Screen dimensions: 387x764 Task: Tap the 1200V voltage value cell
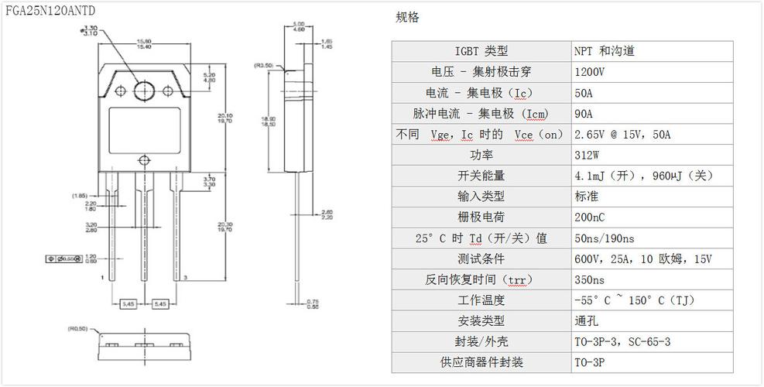coord(591,72)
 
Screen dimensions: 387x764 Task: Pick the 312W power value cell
coord(588,155)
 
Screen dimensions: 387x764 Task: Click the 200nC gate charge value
coord(590,217)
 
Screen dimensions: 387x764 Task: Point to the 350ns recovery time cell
coord(589,279)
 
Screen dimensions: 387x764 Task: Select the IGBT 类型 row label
coord(481,51)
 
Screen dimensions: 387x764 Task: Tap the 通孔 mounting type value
coord(586,320)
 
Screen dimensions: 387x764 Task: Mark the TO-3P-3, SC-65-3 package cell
coord(622,341)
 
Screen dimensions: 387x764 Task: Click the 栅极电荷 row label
coord(481,217)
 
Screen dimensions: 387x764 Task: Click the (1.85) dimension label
coord(79,195)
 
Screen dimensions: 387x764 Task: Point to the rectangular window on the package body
coord(144,127)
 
